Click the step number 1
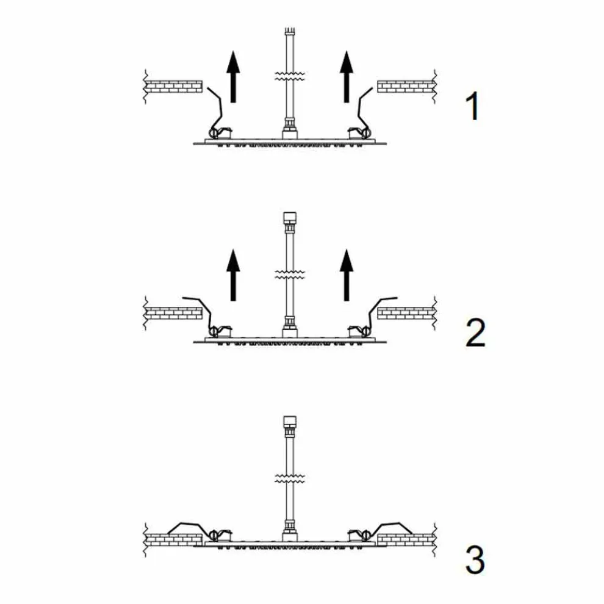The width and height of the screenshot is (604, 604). [x=473, y=106]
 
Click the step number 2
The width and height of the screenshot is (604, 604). [x=475, y=333]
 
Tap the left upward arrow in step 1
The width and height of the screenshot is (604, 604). [x=233, y=77]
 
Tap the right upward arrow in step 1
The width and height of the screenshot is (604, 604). [x=347, y=77]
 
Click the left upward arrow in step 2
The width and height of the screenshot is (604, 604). [x=233, y=275]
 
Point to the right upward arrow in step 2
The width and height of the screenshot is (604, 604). [x=347, y=275]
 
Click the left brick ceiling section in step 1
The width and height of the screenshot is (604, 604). [x=174, y=87]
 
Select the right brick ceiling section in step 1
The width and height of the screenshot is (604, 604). [x=406, y=87]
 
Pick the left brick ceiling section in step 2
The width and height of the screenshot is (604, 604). [x=174, y=314]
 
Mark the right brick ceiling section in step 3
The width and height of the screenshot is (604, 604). [x=406, y=540]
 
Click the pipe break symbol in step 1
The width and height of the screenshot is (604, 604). [x=290, y=76]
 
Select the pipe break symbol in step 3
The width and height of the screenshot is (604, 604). [x=290, y=478]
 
